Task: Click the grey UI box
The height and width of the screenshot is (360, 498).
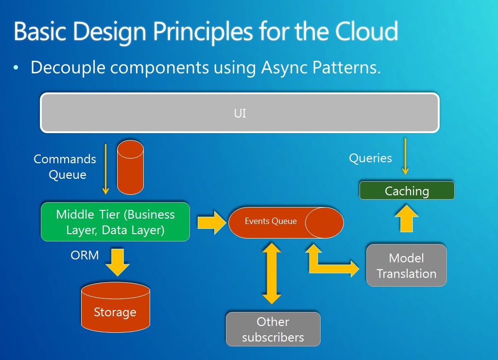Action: pyautogui.click(x=240, y=113)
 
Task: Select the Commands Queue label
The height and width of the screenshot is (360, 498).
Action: pyautogui.click(x=65, y=167)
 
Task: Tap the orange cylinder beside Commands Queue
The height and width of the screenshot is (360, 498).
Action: pyautogui.click(x=130, y=167)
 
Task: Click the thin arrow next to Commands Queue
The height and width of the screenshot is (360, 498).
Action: pyautogui.click(x=106, y=169)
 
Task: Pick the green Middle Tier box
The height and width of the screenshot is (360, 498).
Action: pyautogui.click(x=115, y=222)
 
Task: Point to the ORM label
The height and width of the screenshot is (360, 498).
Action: pyautogui.click(x=85, y=255)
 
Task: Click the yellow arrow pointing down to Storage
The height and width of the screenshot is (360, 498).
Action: pyautogui.click(x=118, y=262)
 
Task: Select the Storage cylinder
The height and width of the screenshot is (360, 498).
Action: pyautogui.click(x=116, y=308)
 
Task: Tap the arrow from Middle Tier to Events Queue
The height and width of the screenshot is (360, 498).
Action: pyautogui.click(x=212, y=223)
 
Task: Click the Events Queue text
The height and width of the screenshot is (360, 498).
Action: pyautogui.click(x=271, y=221)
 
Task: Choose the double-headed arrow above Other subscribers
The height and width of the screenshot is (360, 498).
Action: pyautogui.click(x=272, y=274)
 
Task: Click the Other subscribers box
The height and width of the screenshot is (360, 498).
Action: pyautogui.click(x=273, y=329)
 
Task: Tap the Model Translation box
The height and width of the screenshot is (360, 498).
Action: pyautogui.click(x=407, y=265)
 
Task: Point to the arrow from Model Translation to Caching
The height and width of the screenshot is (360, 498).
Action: pyautogui.click(x=407, y=218)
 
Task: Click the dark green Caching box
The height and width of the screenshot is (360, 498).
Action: pyautogui.click(x=407, y=190)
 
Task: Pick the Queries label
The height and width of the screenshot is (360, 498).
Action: pyautogui.click(x=370, y=158)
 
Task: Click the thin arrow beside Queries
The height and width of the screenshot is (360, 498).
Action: pyautogui.click(x=405, y=156)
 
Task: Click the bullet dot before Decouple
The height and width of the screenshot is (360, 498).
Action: pyautogui.click(x=16, y=68)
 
